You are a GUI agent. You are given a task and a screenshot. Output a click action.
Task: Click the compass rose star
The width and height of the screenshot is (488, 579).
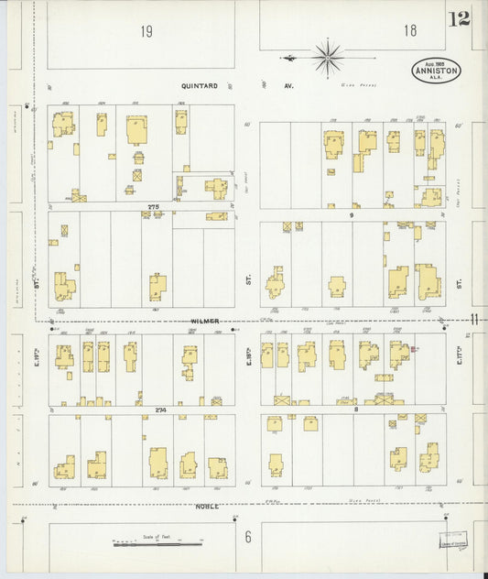point(327,57)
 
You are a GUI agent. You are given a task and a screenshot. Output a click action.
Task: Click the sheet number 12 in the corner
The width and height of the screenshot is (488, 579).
point(459,18)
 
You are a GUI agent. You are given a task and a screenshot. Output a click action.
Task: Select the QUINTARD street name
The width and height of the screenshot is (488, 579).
point(201,86)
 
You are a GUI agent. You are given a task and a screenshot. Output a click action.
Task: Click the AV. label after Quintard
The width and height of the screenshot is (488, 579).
point(287,86)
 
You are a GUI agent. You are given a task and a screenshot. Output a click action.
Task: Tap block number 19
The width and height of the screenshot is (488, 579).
point(146,32)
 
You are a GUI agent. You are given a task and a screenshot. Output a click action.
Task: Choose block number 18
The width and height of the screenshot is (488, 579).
point(409,31)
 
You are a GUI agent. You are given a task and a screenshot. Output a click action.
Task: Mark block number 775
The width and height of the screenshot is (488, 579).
point(153,208)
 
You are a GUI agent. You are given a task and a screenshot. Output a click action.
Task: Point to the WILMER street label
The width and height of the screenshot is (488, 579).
point(206,322)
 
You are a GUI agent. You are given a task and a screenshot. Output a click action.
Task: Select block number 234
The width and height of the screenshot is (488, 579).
point(160,409)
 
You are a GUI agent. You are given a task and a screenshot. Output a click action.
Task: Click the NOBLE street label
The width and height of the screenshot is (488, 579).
point(206,506)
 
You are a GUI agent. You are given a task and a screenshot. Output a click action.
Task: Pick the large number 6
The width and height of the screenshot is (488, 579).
point(247,536)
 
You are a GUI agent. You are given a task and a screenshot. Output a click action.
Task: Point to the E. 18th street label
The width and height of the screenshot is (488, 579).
point(248,354)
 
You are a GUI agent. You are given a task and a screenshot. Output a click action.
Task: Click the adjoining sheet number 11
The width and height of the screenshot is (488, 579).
point(474,319)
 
